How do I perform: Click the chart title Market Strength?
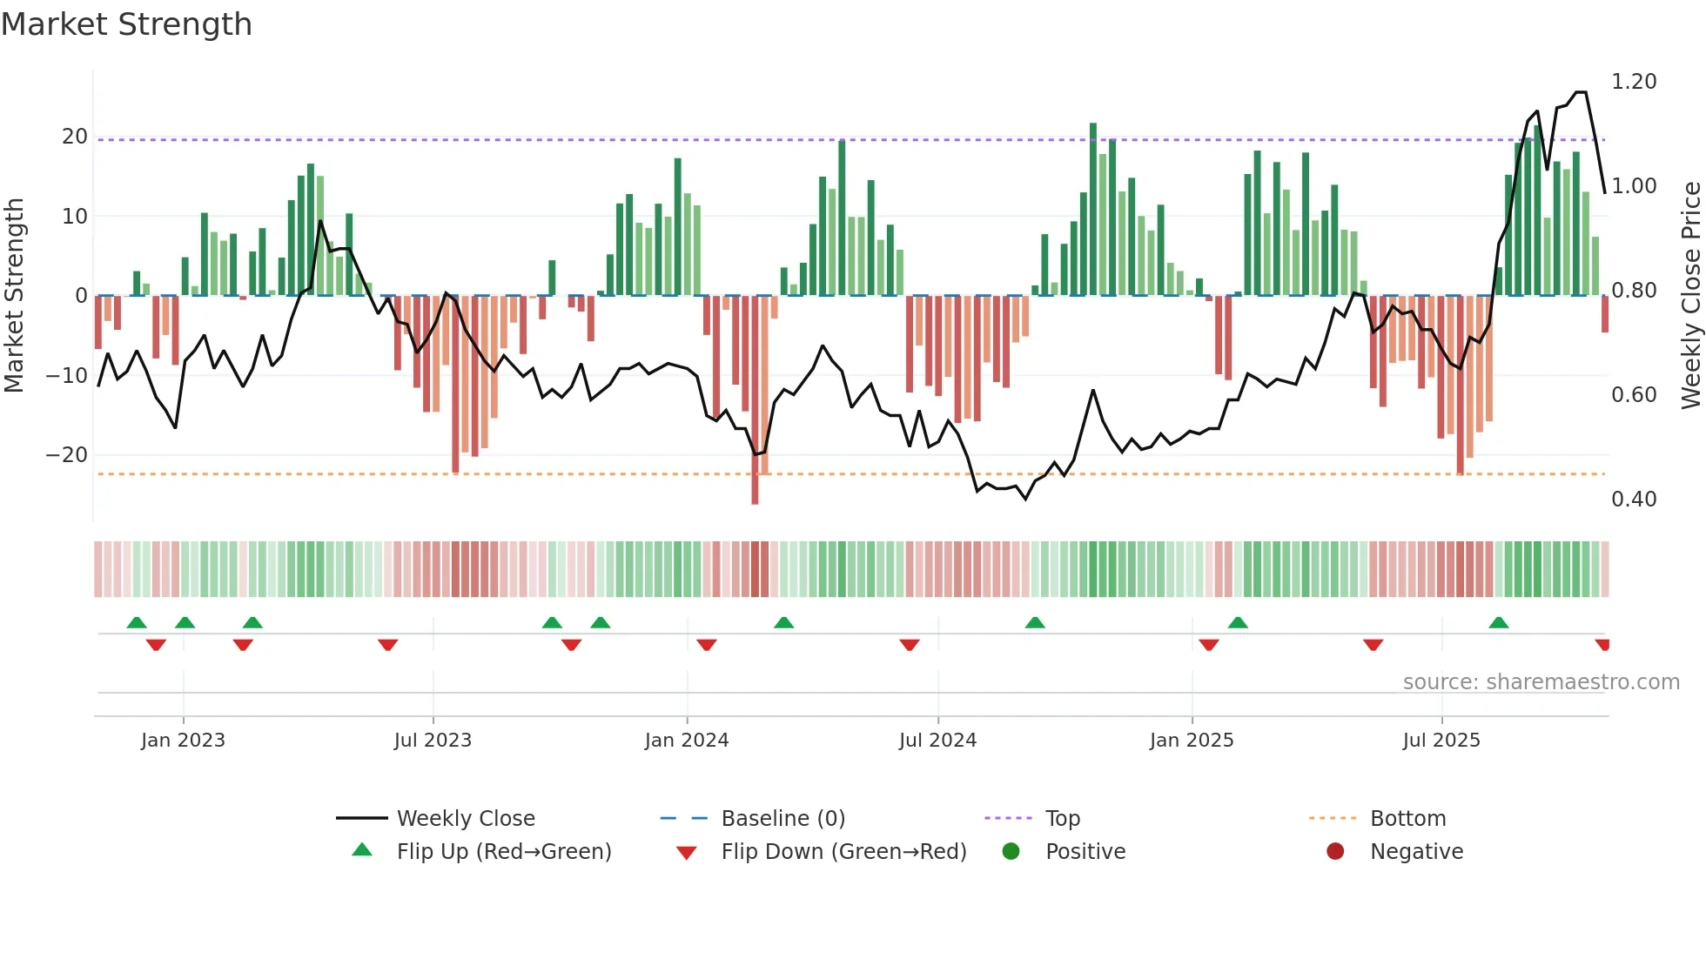tap(126, 24)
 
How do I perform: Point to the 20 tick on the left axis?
tap(74, 137)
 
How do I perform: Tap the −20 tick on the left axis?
tap(67, 455)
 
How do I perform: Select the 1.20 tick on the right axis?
tap(1634, 82)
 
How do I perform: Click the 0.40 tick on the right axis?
tap(1634, 500)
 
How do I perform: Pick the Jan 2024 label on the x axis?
tap(687, 741)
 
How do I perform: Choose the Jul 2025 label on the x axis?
tap(1441, 741)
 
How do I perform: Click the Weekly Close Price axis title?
tap(1690, 296)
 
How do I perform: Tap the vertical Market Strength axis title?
tap(14, 296)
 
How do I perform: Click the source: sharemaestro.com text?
tap(1541, 682)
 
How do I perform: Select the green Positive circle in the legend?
tap(1011, 852)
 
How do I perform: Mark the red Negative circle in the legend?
tap(1335, 852)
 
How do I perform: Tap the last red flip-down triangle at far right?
tap(1602, 645)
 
